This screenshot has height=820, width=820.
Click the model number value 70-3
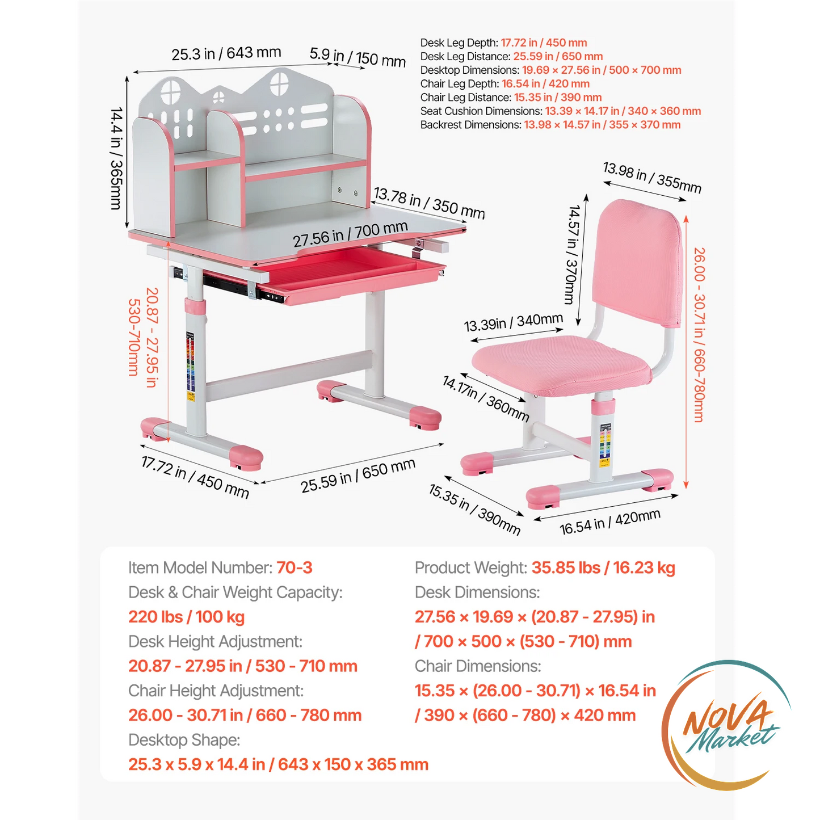pos(295,567)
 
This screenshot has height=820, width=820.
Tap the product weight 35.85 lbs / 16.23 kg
pos(603,568)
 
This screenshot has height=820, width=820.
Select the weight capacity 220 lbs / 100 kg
pos(186,617)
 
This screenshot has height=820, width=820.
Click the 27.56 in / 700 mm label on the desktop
pos(350,234)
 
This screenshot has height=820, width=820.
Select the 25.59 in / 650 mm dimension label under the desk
pos(358,476)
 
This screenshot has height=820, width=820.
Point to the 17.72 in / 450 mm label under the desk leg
pos(195,476)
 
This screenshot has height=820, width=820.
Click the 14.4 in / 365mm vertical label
pos(116,158)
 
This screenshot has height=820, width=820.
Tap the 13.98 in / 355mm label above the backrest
pos(652,178)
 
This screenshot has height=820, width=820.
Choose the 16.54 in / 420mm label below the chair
pos(610,522)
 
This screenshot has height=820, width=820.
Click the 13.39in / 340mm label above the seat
pos(513,322)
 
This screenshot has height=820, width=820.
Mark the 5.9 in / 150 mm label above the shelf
pos(358,57)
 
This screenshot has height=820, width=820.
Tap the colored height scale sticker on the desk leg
pos(191,367)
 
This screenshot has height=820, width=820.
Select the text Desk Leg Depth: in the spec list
pos(459,43)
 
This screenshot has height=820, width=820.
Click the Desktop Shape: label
pos(184,740)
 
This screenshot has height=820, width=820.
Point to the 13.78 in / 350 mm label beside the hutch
pos(429,203)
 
